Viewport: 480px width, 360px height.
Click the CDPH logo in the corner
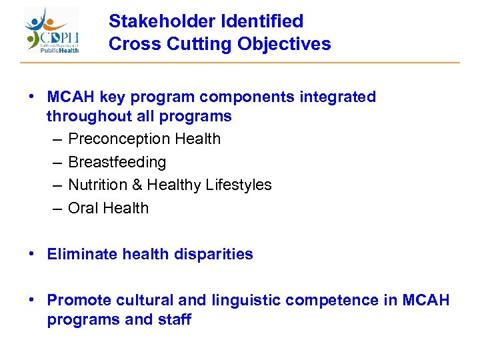pos(52,30)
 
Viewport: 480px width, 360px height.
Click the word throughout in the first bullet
pos(85,116)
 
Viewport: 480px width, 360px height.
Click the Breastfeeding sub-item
pos(117,162)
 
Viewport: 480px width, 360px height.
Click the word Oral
pos(83,208)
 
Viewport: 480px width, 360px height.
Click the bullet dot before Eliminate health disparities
pos(32,254)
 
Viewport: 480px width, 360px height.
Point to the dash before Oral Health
pos(57,208)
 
